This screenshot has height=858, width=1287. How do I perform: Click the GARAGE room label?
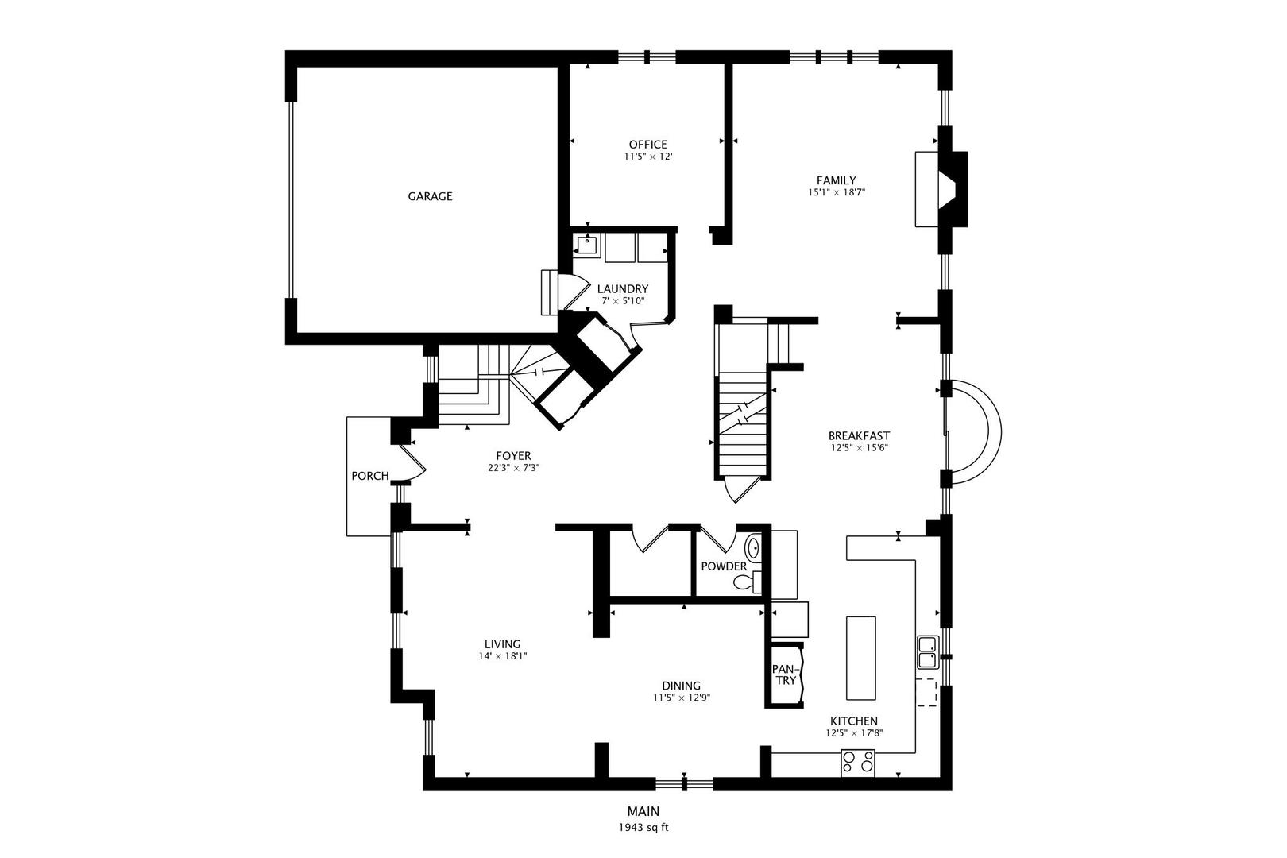(430, 196)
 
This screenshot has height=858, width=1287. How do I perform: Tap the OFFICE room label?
(647, 145)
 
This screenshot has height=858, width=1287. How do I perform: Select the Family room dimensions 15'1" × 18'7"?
(836, 192)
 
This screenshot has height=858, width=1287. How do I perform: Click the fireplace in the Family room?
(941, 188)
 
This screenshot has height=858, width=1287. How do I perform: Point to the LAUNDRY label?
(623, 289)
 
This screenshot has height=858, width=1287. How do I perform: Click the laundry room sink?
(586, 247)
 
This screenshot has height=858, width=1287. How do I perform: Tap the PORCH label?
(370, 476)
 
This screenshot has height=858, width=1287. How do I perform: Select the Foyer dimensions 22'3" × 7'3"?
(514, 468)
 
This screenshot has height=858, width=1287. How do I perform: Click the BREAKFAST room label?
(859, 435)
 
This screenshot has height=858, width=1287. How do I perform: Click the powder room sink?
(753, 547)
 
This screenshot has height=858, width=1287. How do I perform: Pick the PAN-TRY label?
(785, 674)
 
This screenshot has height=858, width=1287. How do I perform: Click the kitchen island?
(860, 658)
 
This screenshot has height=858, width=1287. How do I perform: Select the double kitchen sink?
(927, 651)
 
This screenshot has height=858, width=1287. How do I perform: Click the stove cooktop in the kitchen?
(858, 763)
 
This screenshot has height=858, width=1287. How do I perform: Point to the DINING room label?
(681, 686)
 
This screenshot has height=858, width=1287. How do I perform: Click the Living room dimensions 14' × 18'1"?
(503, 655)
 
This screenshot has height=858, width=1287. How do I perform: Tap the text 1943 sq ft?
(643, 828)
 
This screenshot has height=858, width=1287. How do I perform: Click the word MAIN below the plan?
(643, 811)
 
